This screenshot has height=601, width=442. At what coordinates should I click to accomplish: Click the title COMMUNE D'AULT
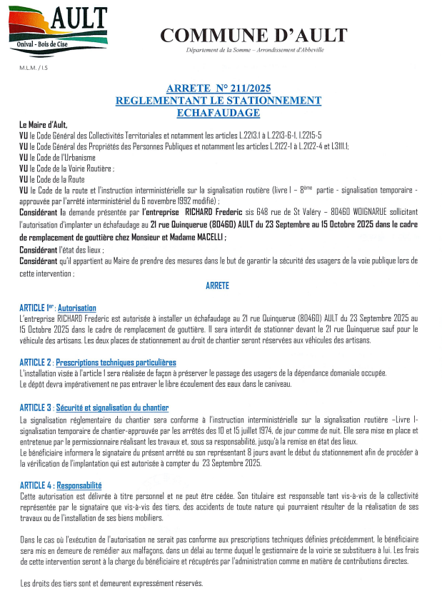(x=253, y=35)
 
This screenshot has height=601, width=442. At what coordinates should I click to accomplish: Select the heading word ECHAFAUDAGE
(x=218, y=112)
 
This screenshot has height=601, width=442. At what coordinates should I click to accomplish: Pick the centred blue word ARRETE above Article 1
(x=218, y=286)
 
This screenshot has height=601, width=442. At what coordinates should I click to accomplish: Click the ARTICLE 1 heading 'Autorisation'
(x=77, y=308)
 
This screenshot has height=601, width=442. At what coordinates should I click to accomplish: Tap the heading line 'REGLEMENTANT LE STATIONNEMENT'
(x=218, y=101)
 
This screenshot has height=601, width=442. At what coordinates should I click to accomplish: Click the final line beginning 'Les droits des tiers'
(x=111, y=583)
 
